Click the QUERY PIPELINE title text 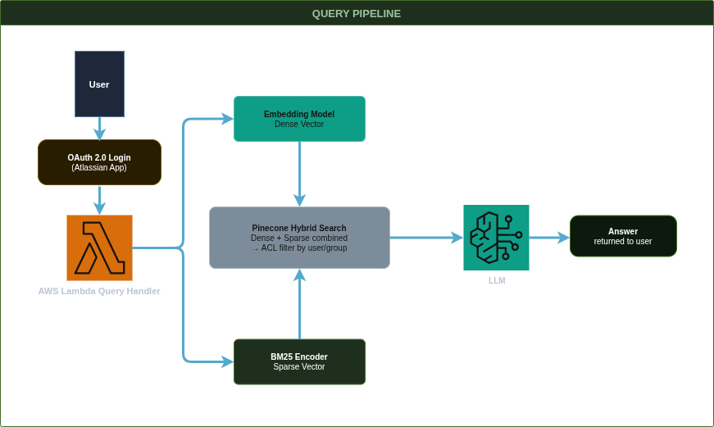tap(357, 14)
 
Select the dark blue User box tap(99, 84)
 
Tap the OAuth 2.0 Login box tap(99, 161)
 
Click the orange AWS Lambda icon tap(99, 248)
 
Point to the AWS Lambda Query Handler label tap(99, 291)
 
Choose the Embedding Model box tap(299, 118)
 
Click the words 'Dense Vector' tap(299, 124)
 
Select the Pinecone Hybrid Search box tap(299, 238)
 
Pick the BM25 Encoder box tap(299, 361)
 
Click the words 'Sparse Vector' tap(299, 367)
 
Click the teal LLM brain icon tap(496, 238)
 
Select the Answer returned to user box tap(623, 236)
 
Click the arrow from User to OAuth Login tap(99, 128)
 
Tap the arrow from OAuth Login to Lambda tap(99, 199)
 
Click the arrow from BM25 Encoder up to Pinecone tap(299, 303)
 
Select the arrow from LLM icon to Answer tap(549, 238)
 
